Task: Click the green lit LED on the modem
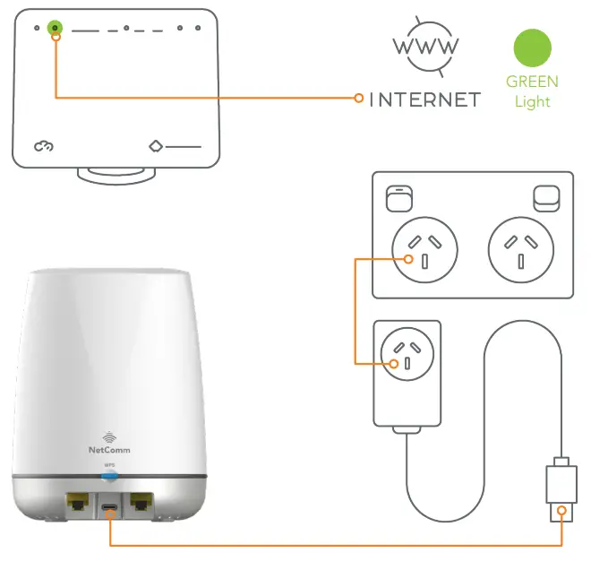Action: coord(56,29)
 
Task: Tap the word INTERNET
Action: coord(425,99)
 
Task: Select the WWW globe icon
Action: coord(426,45)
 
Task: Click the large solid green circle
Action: coord(532,47)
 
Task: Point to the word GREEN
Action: coord(532,82)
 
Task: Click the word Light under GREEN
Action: coord(532,101)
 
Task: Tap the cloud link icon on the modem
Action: coord(44,145)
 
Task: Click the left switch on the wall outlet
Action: coord(396,195)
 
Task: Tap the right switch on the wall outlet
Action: coord(544,195)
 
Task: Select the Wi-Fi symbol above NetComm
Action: coord(109,436)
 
